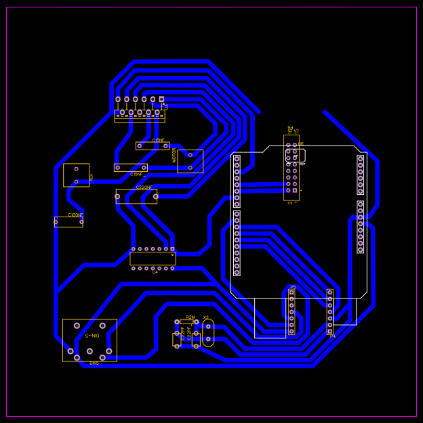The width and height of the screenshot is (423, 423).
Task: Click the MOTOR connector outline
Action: [x=190, y=161]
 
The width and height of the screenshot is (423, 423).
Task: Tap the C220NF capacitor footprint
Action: [x=136, y=196]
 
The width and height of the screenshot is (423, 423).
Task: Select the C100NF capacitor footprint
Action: [x=68, y=222]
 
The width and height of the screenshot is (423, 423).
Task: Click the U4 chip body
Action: [x=153, y=259]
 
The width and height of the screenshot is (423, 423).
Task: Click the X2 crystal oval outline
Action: [x=208, y=332]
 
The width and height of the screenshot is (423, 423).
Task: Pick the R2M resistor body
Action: [x=186, y=322]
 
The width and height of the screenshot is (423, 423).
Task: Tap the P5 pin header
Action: [x=291, y=312]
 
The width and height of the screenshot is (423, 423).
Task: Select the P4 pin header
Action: [x=330, y=312]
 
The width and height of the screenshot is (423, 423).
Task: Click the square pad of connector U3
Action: [x=161, y=99]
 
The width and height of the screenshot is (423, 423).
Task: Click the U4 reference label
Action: [x=155, y=272]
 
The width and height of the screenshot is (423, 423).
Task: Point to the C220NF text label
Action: [x=144, y=187]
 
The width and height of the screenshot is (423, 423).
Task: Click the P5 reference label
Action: [x=293, y=287]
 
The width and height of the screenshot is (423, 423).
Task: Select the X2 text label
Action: [x=206, y=317]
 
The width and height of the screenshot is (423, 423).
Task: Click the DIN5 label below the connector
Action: [x=94, y=363]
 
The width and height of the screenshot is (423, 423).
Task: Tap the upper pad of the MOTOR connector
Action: [x=190, y=154]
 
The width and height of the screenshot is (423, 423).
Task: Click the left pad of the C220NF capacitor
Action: [x=117, y=197]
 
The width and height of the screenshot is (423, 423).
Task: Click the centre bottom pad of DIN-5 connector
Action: [x=89, y=351]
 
